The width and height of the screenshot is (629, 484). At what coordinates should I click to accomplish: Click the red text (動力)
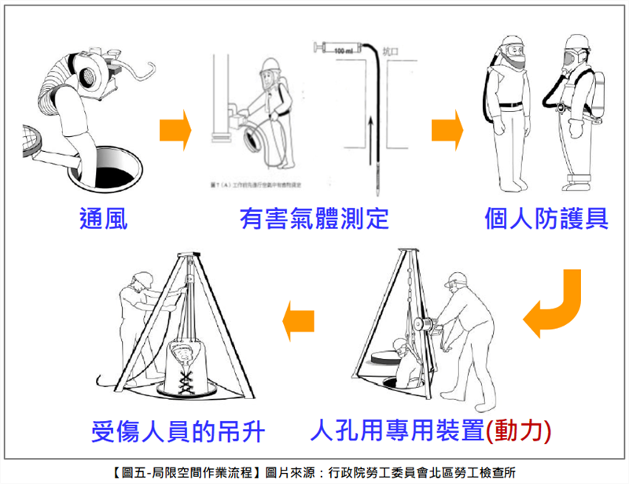tap(519, 430)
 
